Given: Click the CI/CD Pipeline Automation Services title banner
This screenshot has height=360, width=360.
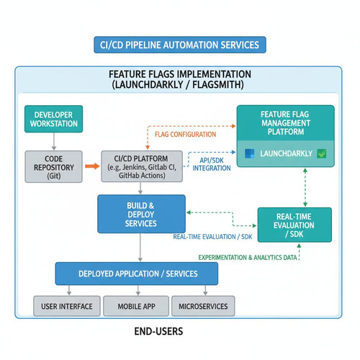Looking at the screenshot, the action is tap(180, 45).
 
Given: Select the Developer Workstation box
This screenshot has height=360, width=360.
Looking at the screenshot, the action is tap(54, 119).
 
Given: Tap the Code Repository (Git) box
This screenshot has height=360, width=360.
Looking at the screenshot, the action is tap(54, 167).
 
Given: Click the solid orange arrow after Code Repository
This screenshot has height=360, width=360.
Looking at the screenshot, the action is tap(92, 166).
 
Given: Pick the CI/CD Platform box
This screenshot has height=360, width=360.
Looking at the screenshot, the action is tap(142, 166).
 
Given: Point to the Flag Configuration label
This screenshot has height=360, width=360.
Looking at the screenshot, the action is tap(185, 135).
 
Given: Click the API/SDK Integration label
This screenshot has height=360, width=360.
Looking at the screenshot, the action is tap(212, 164).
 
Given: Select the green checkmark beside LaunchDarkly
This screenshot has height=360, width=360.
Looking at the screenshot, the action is tap(321, 153).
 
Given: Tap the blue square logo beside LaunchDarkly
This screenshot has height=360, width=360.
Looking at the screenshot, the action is tap(250, 153).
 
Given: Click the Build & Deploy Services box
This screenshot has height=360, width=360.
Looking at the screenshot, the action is tap(141, 214).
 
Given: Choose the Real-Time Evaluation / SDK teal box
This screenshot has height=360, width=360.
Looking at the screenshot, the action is tap(294, 225).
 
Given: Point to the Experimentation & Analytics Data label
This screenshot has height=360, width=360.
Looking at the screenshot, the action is tap(248, 258).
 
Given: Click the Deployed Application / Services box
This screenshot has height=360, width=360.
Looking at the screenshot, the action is tap(137, 274).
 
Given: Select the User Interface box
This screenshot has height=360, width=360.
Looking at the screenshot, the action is tap(67, 306).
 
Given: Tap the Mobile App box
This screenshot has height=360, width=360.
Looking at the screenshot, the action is tap(136, 306).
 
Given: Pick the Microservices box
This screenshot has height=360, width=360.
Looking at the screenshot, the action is tap(203, 306).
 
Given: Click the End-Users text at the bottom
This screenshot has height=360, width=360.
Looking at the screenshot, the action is tap(158, 331).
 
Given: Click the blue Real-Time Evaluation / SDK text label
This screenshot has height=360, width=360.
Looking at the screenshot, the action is tap(212, 237).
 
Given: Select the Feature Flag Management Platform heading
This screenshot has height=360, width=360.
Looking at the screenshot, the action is tap(286, 123).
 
